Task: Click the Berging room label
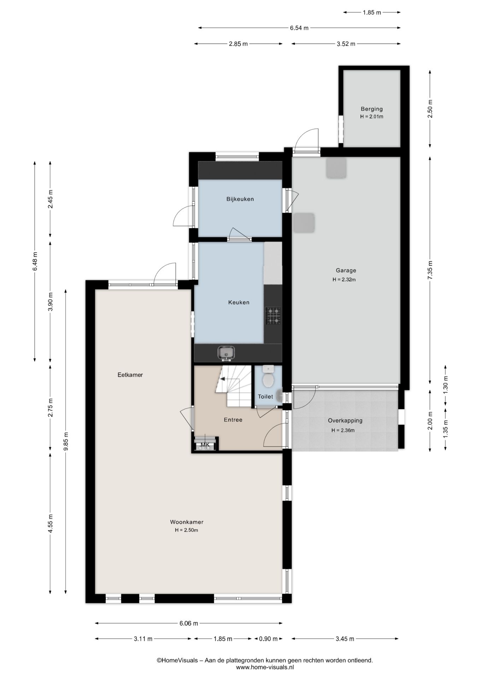pyautogui.click(x=371, y=109)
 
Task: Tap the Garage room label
pyautogui.click(x=346, y=270)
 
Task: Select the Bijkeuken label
pyautogui.click(x=240, y=199)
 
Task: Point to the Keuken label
pyautogui.click(x=239, y=302)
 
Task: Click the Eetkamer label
pyautogui.click(x=130, y=375)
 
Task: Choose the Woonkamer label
pyautogui.click(x=187, y=522)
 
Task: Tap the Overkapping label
pyautogui.click(x=345, y=421)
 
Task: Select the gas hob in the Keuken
pyautogui.click(x=273, y=316)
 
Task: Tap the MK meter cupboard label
pyautogui.click(x=205, y=445)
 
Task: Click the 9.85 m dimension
pyautogui.click(x=65, y=441)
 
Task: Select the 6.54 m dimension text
pyautogui.click(x=299, y=28)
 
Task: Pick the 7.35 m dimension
pyautogui.click(x=430, y=270)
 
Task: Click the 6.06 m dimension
pyautogui.click(x=189, y=623)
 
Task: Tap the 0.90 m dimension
pyautogui.click(x=269, y=638)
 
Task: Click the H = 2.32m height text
pyautogui.click(x=344, y=280)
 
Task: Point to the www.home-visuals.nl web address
pyautogui.click(x=265, y=667)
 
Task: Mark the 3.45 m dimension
pyautogui.click(x=345, y=638)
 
